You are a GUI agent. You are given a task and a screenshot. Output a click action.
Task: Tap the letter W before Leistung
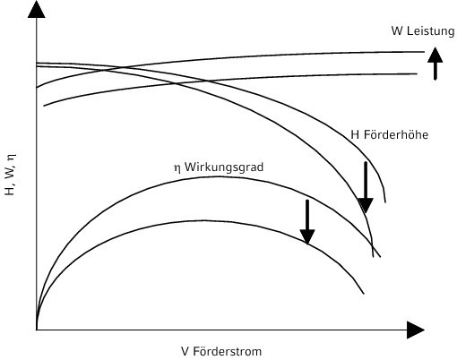point(398,30)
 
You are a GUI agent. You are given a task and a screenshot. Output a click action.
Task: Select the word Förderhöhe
point(396,134)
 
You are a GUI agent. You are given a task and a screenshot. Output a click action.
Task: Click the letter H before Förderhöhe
point(355,135)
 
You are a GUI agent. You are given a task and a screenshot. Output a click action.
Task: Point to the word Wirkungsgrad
point(224,167)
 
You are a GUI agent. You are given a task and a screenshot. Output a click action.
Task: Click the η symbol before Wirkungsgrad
point(177,168)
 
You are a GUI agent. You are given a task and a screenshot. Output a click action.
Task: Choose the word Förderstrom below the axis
point(228,351)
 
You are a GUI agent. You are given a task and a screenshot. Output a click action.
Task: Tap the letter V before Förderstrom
point(185,351)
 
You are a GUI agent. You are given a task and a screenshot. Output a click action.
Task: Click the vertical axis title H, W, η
point(10,175)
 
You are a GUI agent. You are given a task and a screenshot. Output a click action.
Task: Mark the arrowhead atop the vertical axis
point(37,10)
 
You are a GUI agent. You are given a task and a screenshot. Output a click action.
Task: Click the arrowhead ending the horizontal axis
point(416,330)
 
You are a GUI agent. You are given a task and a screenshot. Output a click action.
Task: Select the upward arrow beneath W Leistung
point(435,64)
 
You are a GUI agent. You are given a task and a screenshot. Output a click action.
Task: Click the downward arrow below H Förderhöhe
point(366,187)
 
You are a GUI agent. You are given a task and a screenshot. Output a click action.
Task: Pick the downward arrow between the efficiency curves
point(307,222)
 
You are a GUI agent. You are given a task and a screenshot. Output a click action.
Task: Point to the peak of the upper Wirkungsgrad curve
point(220,176)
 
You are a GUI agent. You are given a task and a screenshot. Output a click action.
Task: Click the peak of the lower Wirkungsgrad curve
point(203,220)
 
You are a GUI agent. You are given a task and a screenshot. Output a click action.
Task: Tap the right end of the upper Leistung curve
point(425,52)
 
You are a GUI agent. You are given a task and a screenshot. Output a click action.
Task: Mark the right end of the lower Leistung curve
point(417,73)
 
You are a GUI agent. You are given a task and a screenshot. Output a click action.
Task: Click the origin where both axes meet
point(37,330)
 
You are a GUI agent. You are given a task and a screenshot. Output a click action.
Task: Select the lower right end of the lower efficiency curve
point(364,294)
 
